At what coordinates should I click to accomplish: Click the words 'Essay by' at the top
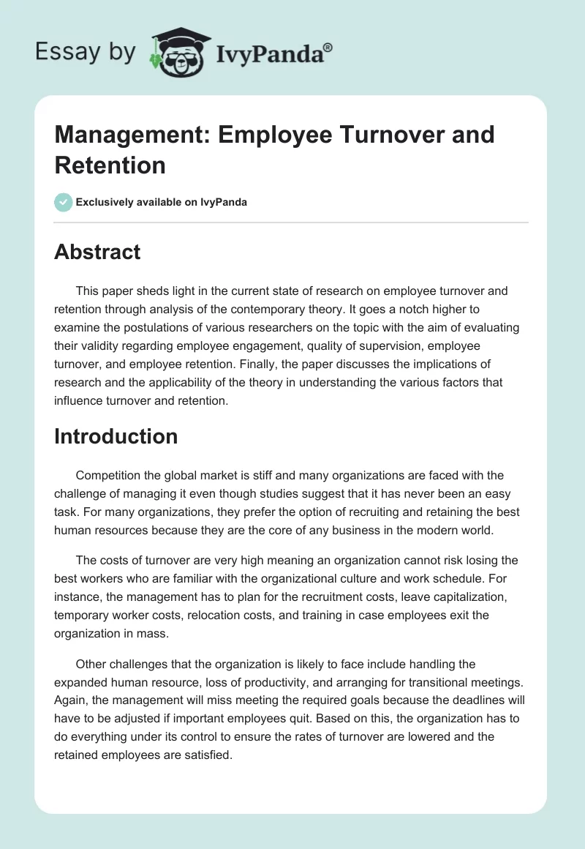[85, 52]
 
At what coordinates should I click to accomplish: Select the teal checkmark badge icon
[64, 202]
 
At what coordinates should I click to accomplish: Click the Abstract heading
[97, 252]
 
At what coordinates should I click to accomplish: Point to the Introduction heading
[116, 436]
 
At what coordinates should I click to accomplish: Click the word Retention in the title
[110, 165]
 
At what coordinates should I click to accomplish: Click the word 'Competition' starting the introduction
[107, 476]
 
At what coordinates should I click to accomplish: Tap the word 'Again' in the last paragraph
[70, 698]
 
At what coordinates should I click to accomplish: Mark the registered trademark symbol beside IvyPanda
[328, 46]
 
